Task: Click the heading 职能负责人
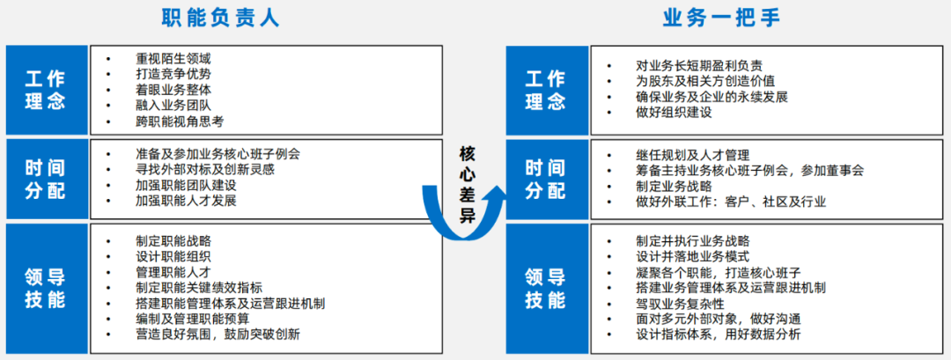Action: click(220, 18)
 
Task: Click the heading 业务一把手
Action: click(721, 18)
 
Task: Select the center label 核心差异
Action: click(467, 185)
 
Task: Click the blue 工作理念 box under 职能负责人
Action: click(45, 91)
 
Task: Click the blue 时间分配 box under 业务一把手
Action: click(545, 179)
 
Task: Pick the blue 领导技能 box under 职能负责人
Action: click(45, 288)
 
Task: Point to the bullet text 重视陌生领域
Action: click(173, 58)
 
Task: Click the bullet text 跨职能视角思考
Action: click(180, 121)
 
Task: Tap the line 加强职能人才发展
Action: click(186, 201)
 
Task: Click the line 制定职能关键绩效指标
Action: click(199, 288)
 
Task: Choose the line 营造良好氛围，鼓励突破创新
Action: click(217, 334)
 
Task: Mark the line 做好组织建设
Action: click(674, 113)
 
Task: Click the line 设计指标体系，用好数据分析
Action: click(719, 334)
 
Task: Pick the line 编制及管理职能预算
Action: click(192, 319)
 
